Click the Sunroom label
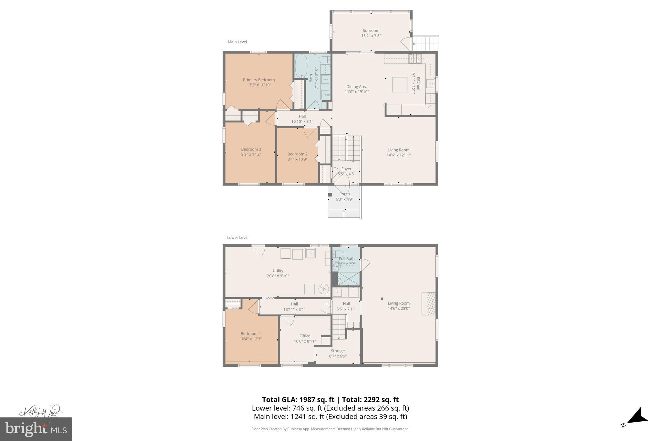(x=371, y=31)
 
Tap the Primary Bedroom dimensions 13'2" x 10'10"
(x=259, y=85)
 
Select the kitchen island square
(x=400, y=85)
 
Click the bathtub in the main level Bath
(x=301, y=66)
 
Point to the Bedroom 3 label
(x=251, y=149)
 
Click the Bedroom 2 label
(x=297, y=154)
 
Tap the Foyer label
(x=346, y=169)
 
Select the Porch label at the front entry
(x=344, y=194)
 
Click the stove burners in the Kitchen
(x=415, y=58)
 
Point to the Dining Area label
(x=357, y=87)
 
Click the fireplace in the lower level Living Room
(x=429, y=304)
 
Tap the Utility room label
(x=278, y=271)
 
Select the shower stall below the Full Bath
(x=349, y=279)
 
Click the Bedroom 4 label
(x=250, y=334)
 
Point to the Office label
(x=305, y=336)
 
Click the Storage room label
(x=338, y=351)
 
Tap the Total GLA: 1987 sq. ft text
(x=298, y=400)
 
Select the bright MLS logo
(x=36, y=429)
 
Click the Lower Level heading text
(x=238, y=237)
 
